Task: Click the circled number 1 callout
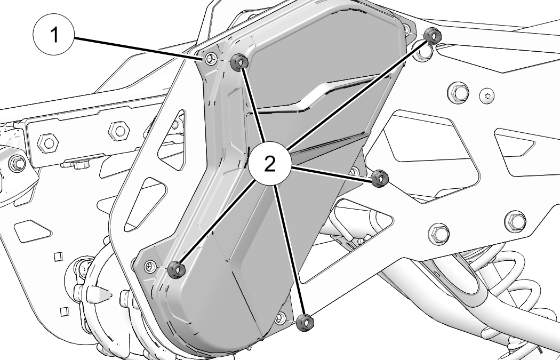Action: pos(53,34)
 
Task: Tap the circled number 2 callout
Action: pos(270,164)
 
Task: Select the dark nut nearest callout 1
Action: pos(239,62)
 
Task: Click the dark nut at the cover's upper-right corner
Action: pos(433,36)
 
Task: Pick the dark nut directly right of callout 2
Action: pos(380,179)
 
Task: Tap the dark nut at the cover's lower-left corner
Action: pos(177,270)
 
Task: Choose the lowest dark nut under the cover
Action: pos(305,323)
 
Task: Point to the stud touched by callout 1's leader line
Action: pos(211,58)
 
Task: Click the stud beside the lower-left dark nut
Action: pos(150,266)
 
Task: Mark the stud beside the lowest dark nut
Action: pos(281,317)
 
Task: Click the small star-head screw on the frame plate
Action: pos(486,95)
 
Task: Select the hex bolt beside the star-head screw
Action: pos(458,93)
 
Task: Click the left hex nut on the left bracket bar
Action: pos(48,143)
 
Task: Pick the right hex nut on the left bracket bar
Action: pos(119,131)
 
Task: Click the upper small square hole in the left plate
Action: pos(58,257)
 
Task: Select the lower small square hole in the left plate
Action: pos(65,312)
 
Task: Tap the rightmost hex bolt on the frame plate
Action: pos(515,222)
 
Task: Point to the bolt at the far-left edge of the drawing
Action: pos(17,164)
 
